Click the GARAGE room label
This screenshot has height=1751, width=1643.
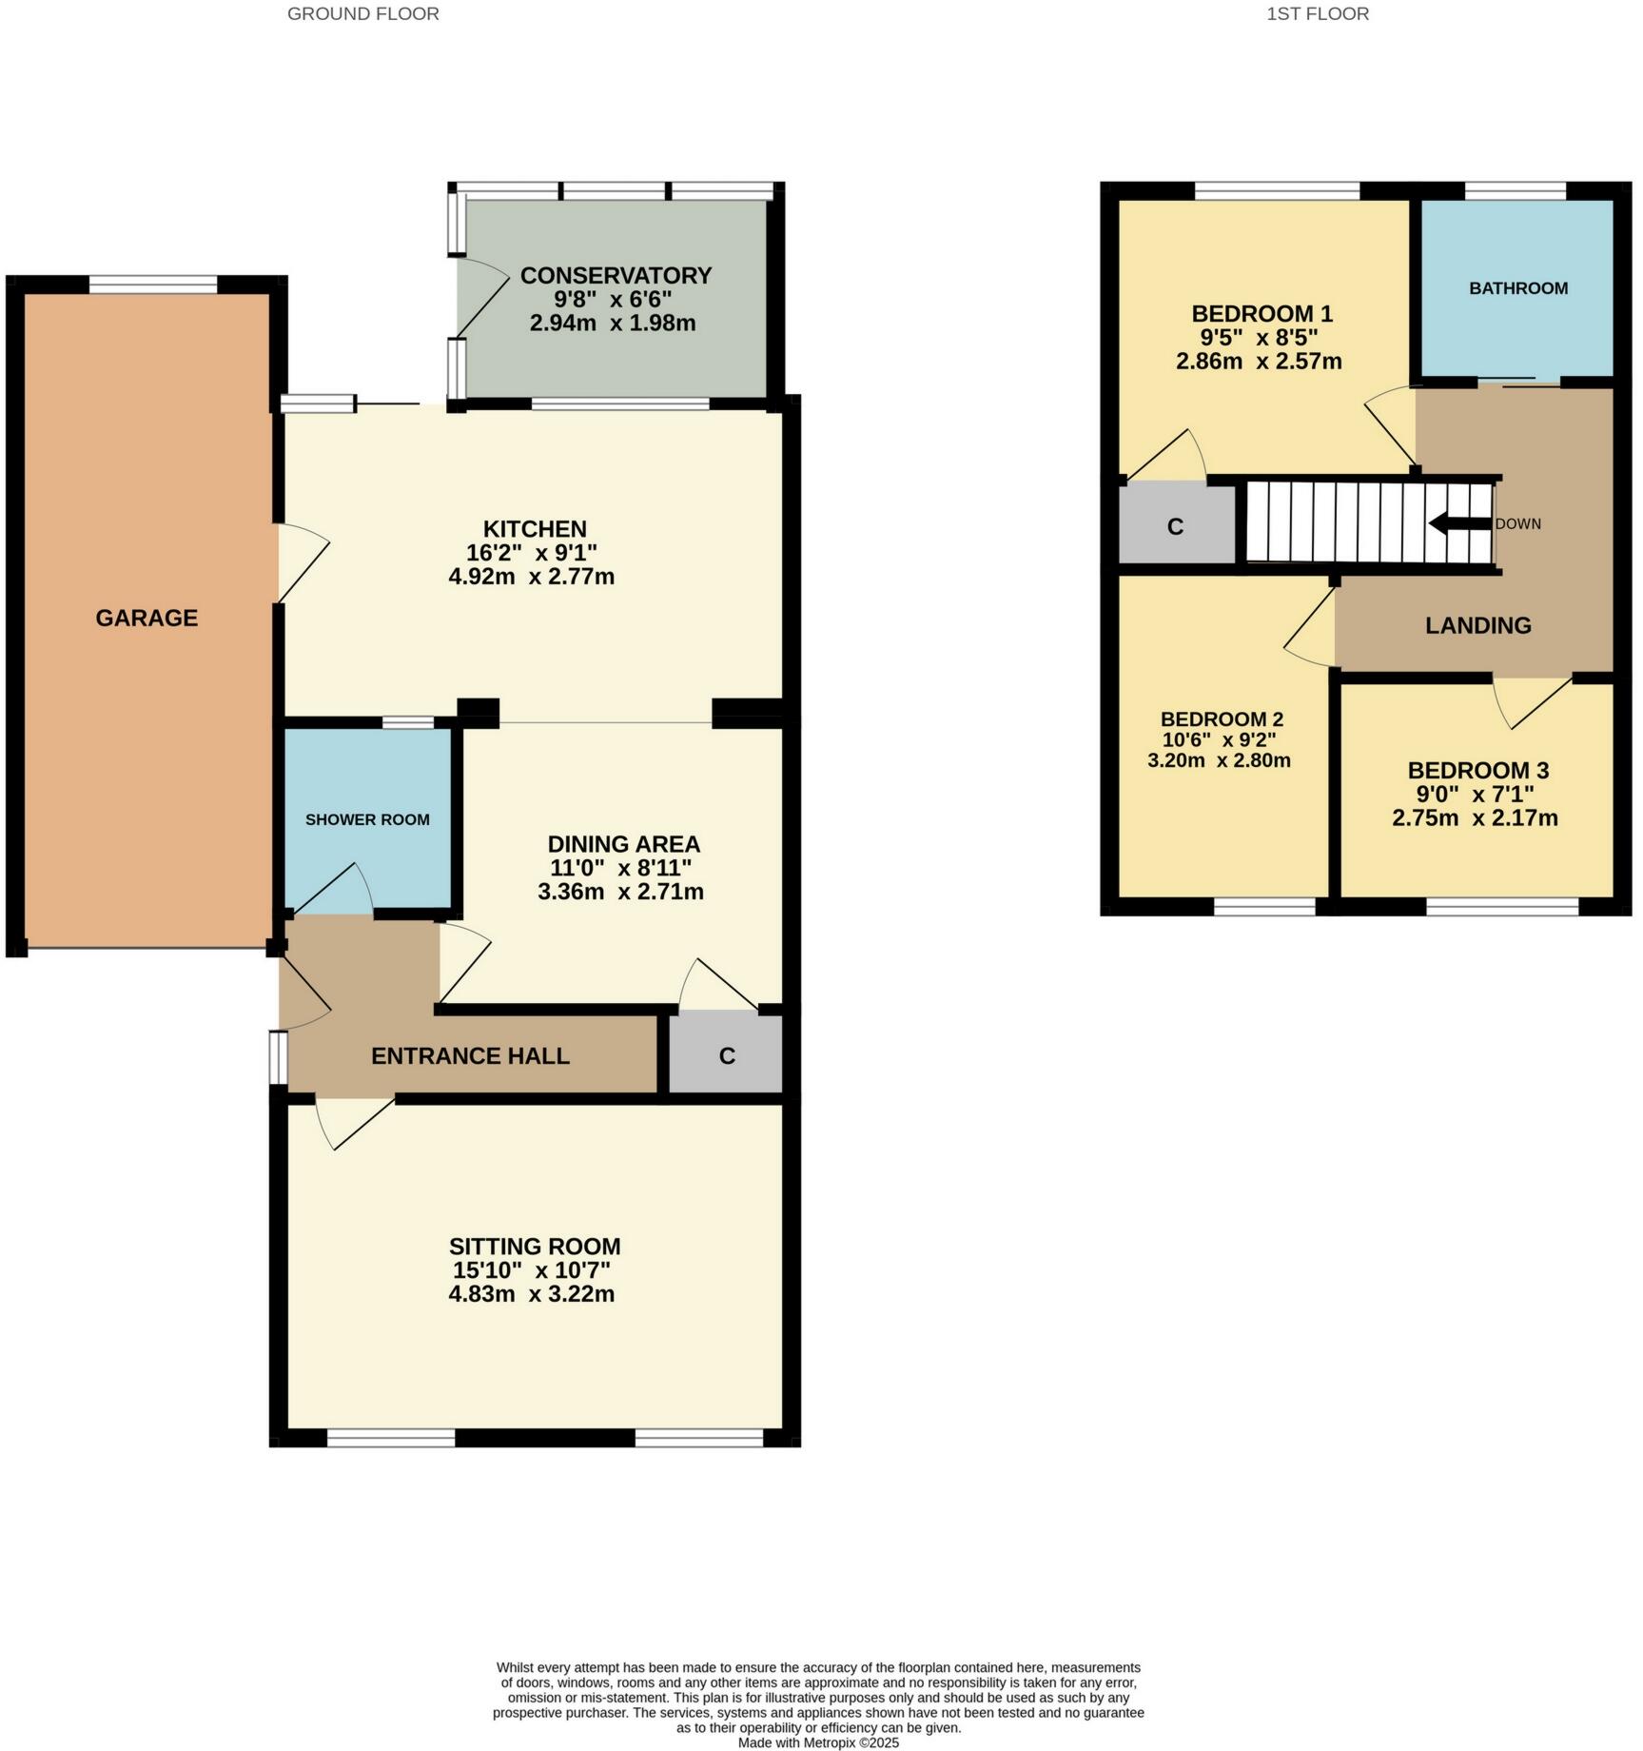[147, 619]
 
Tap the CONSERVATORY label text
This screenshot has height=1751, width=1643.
[616, 276]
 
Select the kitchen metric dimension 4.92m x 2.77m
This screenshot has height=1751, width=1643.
[531, 577]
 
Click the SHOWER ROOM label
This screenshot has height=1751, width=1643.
[367, 820]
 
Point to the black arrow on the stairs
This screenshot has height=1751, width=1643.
[1458, 523]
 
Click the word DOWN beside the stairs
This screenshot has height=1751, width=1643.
[1517, 524]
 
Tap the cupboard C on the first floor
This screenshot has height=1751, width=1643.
[1175, 527]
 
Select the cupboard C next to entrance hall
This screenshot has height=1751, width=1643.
[727, 1056]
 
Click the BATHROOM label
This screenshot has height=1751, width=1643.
[1518, 288]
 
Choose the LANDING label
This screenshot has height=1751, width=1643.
[1477, 626]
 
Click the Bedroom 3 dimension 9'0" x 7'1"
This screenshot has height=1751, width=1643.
[1476, 795]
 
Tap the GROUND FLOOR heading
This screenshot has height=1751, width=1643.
[362, 14]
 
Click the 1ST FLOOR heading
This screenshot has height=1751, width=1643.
[1318, 14]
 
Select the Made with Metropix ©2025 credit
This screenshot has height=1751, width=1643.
[818, 1743]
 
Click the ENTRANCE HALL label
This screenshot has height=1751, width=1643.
[470, 1056]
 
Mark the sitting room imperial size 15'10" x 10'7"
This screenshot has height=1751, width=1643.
[531, 1270]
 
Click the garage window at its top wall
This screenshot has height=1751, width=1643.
[153, 284]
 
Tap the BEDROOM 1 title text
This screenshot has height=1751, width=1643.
[1262, 314]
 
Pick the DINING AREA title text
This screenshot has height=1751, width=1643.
[623, 845]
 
